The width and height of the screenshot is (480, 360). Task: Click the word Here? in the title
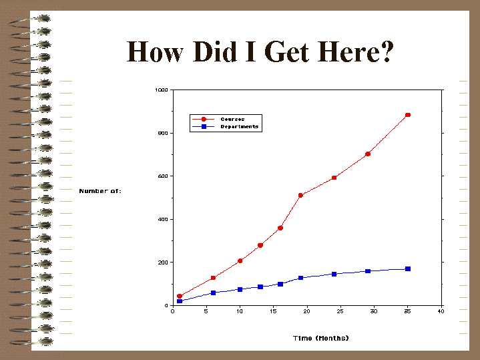coord(356,51)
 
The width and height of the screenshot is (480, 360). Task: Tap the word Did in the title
coord(215,51)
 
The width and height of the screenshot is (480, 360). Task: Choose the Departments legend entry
coord(225,126)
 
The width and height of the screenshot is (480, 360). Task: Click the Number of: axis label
coord(100,191)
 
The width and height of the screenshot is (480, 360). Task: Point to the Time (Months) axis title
coord(321,338)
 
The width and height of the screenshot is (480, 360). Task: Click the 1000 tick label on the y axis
coord(162,89)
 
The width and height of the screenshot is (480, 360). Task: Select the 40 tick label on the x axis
coord(441,311)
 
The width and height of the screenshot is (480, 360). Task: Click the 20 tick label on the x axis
coord(306,311)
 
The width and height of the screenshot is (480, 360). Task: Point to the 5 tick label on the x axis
coord(206,311)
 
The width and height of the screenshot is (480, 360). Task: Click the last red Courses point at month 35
coord(408,115)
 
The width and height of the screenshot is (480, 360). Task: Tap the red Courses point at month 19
coord(300,195)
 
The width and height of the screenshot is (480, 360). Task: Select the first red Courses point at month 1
coord(180,296)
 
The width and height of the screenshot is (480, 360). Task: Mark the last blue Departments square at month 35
coord(408,268)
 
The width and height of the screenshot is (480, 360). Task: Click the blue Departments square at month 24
coord(334,274)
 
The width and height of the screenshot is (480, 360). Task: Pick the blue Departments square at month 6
coord(213,293)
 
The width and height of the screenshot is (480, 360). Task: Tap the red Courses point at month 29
coord(368,154)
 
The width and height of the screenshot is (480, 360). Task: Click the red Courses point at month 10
coord(240,260)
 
